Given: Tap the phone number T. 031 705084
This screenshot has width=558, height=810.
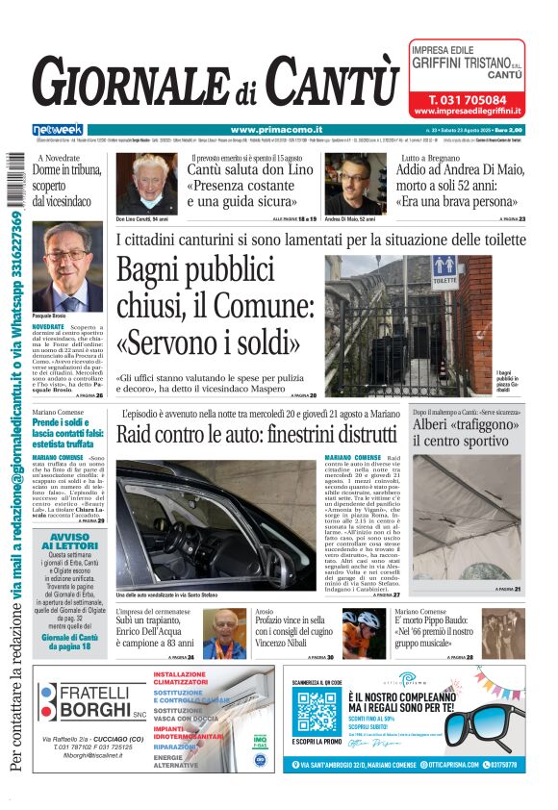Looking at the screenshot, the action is coord(467,99).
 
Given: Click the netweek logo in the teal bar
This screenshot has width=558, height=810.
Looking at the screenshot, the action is coord(58,129).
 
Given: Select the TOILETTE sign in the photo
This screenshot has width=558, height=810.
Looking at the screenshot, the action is coord(444,273).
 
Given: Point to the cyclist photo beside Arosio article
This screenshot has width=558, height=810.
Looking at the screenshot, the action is coord(362,631).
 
